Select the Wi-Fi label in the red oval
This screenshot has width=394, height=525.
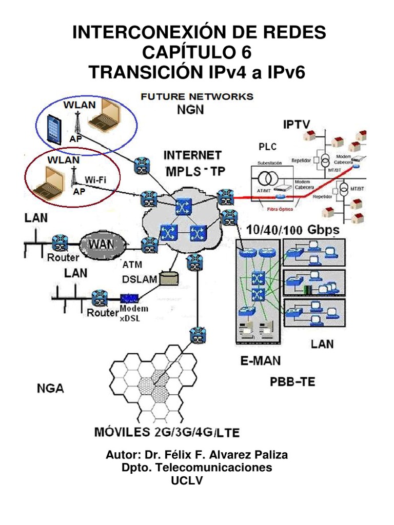(x=95, y=179)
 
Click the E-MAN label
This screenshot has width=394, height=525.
(x=260, y=361)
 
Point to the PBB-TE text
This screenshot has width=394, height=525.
(x=292, y=381)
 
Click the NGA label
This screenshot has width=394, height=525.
(x=51, y=388)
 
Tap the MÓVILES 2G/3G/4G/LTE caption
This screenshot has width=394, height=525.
(x=167, y=432)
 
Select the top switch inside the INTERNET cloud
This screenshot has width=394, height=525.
(x=182, y=206)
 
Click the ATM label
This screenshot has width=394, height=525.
(x=132, y=265)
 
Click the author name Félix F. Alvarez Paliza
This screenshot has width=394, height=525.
(x=218, y=455)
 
